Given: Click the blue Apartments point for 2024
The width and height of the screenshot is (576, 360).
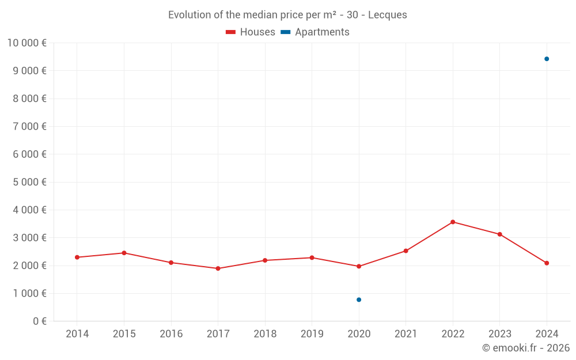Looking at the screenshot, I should coord(547,59).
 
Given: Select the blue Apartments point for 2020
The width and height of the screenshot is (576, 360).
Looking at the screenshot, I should coord(359,300).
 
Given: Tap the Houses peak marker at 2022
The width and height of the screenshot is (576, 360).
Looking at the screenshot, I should coord(453,222).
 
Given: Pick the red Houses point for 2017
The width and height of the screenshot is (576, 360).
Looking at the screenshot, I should coord(218,268).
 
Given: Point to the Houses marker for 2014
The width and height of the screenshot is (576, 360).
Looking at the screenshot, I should coord(77,257).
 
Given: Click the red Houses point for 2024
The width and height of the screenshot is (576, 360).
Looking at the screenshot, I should coord(547,263).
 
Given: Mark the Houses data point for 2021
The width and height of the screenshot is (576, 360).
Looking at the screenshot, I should coord(406,251).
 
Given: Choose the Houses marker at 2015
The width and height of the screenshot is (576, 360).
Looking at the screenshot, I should coord(124,253).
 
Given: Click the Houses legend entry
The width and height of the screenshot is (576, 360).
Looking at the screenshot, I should coord(251,32).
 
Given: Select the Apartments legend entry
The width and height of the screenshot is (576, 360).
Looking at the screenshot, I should coord(315,32).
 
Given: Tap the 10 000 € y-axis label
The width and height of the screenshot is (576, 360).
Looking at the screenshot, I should coord(26,43).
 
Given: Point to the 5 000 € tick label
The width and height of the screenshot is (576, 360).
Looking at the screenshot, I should coord(29,182).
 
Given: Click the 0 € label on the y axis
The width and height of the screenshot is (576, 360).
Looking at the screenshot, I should coord(40,321).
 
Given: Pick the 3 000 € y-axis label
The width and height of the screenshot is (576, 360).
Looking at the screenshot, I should coord(29,237).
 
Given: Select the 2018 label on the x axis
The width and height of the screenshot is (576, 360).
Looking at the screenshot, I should coord(265,334).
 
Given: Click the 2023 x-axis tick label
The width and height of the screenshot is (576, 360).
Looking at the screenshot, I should coord(499,334).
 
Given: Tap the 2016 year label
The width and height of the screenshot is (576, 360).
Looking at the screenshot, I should coord(171,334).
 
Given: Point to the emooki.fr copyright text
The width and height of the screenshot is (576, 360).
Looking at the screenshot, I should coord(525,348).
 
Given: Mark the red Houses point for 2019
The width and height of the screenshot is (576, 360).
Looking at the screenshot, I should coord(312,257).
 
